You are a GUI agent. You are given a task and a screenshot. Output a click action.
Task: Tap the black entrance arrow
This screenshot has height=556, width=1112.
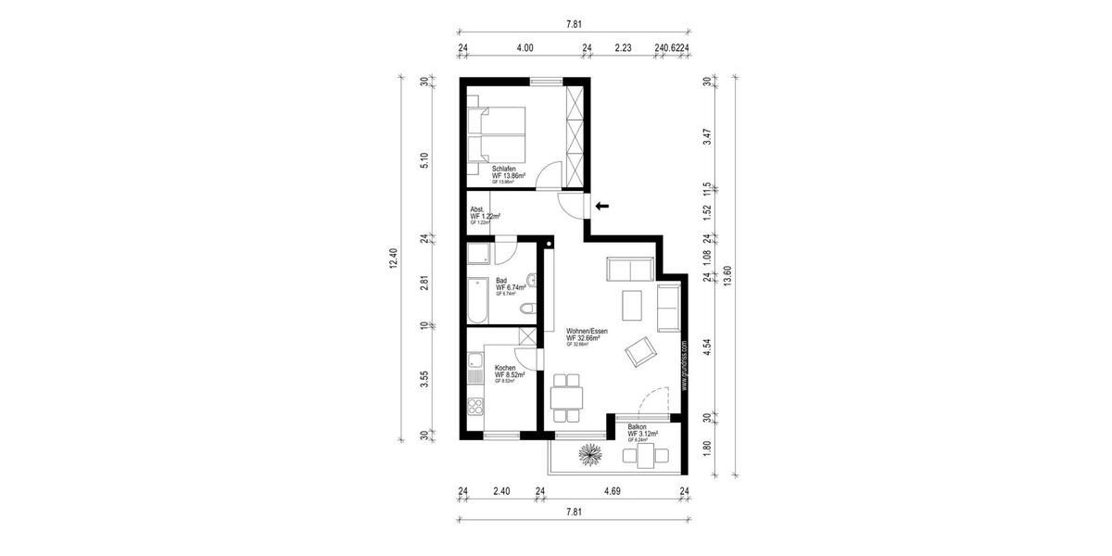coord(601,205)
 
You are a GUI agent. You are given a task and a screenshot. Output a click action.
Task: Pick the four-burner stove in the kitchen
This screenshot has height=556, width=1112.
coord(476,408)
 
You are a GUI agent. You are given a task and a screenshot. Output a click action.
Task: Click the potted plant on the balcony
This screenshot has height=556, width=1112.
coord(589,453)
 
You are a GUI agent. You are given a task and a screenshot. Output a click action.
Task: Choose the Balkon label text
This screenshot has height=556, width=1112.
coord(637,427)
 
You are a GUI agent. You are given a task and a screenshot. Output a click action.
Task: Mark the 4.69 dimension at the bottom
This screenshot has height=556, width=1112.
coord(613,492)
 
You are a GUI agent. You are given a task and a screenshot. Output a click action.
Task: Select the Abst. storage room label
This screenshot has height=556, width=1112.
coord(478,209)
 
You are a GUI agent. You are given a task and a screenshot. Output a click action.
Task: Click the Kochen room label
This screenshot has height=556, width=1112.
coord(506,368)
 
